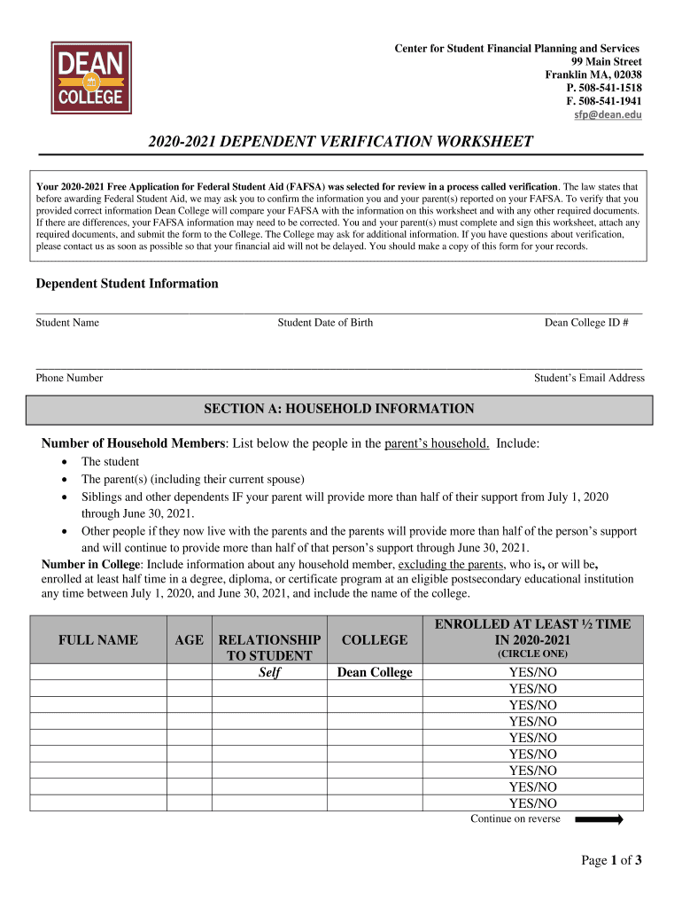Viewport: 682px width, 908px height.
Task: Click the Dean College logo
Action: click(91, 77)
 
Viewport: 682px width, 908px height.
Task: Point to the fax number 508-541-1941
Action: click(609, 101)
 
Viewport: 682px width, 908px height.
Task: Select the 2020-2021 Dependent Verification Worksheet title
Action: click(341, 142)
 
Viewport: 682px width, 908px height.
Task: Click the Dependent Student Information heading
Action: click(127, 284)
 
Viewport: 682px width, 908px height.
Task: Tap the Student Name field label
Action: click(67, 323)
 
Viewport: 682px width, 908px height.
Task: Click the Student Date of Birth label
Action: click(325, 323)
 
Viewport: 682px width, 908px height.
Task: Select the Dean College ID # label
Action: click(586, 323)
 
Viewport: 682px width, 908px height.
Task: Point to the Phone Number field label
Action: click(69, 378)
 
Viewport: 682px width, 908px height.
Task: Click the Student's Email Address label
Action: click(589, 378)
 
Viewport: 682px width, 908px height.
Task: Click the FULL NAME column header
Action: click(97, 639)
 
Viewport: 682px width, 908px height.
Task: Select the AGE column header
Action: click(188, 639)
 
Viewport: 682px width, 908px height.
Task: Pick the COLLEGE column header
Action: click(375, 639)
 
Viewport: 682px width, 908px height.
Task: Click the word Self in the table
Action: click(269, 672)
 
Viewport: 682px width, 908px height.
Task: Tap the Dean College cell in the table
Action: click(375, 672)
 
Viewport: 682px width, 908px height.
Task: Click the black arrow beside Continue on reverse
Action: click(599, 820)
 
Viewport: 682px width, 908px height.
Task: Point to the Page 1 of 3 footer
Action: click(611, 860)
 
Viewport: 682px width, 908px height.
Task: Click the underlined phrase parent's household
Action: click(437, 443)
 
